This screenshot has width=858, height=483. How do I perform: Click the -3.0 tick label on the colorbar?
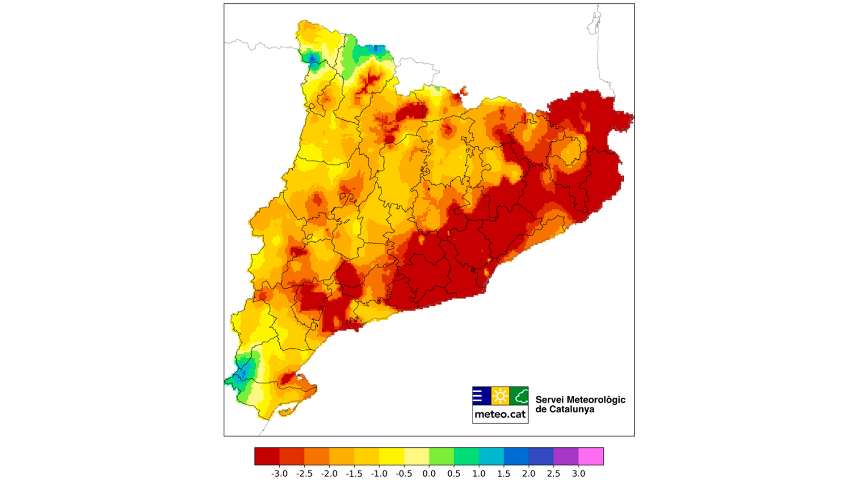[x=279, y=474]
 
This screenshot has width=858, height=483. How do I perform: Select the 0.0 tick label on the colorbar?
[x=429, y=474]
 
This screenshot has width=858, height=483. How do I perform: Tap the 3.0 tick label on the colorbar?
[x=578, y=474]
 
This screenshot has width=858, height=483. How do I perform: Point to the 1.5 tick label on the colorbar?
[x=504, y=474]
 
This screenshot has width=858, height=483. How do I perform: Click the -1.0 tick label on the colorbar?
[x=379, y=474]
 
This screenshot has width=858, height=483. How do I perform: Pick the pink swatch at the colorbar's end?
[x=591, y=456]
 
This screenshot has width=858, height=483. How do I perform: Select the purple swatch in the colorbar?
[x=566, y=456]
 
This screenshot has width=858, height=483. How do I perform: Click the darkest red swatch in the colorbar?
[x=267, y=456]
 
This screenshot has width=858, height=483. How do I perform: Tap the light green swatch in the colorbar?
[x=441, y=456]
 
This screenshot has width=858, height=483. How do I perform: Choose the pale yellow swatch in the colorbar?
[x=416, y=456]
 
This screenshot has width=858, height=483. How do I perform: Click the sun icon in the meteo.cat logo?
[x=500, y=396]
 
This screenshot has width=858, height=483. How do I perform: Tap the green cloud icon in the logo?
[x=519, y=396]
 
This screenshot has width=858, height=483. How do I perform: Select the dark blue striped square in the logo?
[x=481, y=396]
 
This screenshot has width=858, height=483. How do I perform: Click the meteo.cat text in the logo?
[x=500, y=415]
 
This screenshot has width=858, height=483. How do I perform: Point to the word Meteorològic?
[x=596, y=400]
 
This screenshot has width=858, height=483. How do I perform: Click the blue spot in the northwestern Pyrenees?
[x=312, y=59]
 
